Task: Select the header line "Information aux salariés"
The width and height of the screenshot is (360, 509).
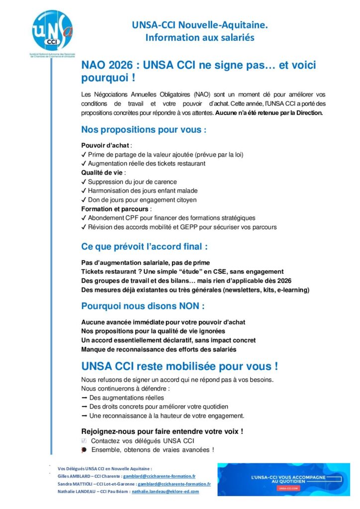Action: click(199, 37)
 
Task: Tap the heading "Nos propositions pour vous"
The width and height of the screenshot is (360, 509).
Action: click(142, 130)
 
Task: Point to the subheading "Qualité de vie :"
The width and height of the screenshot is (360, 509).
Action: click(103, 172)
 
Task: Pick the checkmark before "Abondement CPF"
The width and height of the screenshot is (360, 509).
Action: click(84, 218)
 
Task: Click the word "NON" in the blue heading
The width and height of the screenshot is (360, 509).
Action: click(186, 306)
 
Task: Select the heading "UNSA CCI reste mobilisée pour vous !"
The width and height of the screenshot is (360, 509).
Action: click(179, 367)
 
